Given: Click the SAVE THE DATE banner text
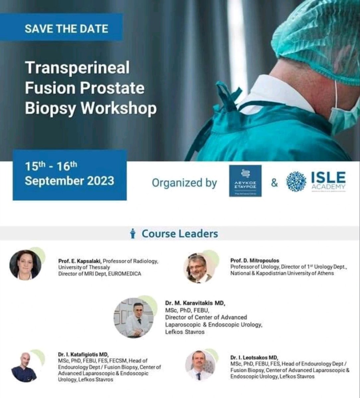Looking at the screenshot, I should pos(66,29).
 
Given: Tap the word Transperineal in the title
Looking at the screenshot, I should pos(77,68).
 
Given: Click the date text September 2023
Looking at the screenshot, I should pos(69,181).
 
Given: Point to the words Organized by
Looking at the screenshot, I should pos(184,183).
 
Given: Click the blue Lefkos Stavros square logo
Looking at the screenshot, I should pos(245,181).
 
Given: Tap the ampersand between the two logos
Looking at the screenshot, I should pos(274,182).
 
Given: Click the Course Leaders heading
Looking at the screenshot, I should pos(180,233).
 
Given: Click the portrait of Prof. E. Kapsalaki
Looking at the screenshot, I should pos(26,265).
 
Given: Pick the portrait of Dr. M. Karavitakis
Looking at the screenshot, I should pos(133,318).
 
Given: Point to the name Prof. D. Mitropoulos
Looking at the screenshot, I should pos(254,261).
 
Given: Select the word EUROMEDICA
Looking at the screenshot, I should pos(125,274).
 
